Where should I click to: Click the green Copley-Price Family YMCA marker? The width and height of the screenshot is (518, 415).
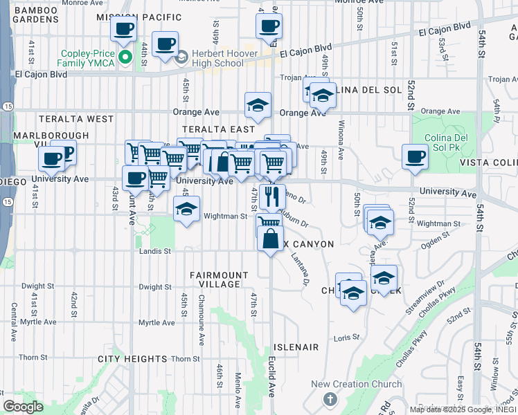[x=125, y=57]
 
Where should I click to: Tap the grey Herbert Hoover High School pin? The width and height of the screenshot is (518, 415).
[x=182, y=57]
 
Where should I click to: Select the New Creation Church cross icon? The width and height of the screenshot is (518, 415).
[x=330, y=400]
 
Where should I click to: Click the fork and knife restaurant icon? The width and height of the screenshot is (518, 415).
[x=272, y=196]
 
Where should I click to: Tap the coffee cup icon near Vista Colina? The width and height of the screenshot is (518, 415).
[x=415, y=156]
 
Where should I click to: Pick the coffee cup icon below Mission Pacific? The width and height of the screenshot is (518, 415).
[x=123, y=29]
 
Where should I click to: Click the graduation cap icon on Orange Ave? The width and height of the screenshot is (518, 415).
[x=258, y=105]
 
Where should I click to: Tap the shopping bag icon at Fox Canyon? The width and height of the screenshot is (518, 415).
[x=270, y=239]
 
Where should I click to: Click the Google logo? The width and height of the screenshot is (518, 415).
[x=24, y=407]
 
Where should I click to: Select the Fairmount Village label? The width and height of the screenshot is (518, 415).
[x=220, y=279]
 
